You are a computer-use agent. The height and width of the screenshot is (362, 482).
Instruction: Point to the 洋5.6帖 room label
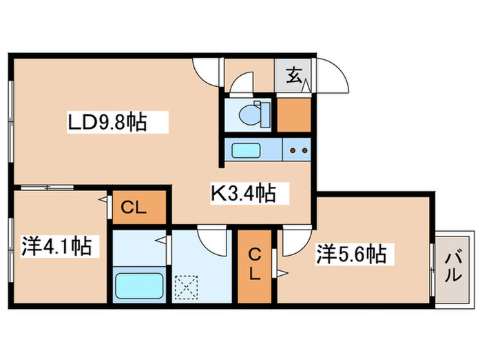click(350, 254)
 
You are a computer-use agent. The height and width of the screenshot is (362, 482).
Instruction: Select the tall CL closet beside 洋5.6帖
click(255, 264)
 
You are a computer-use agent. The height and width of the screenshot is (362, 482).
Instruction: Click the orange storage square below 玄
click(294, 114)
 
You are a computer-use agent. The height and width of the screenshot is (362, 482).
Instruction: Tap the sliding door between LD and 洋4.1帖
click(39, 187)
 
